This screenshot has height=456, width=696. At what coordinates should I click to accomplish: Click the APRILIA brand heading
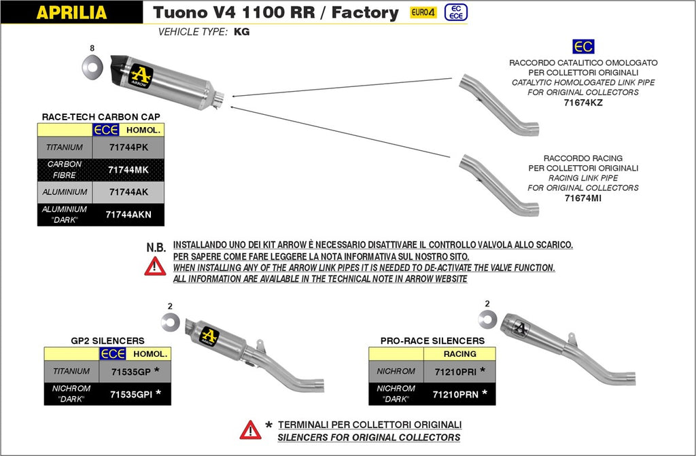click(x=71, y=12)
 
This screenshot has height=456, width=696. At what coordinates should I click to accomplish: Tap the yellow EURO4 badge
click(x=423, y=12)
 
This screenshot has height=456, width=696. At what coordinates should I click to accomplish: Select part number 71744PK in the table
click(x=129, y=147)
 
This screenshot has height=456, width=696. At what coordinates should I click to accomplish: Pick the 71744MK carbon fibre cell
click(x=129, y=169)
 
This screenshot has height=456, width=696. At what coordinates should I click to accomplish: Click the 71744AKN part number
click(x=129, y=214)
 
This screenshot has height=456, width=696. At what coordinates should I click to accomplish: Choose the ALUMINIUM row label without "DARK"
click(x=65, y=192)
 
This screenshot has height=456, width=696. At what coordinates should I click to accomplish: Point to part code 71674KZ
click(x=583, y=103)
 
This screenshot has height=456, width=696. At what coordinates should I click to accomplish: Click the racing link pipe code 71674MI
click(x=583, y=198)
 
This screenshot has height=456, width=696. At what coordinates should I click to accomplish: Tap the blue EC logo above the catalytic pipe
click(x=583, y=46)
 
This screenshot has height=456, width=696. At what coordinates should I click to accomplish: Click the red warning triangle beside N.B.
click(x=155, y=266)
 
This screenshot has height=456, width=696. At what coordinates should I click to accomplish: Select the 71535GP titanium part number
click(x=130, y=371)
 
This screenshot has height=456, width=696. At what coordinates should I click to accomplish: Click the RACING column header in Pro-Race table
click(x=459, y=353)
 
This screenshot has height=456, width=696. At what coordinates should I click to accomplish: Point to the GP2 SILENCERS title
click(x=107, y=340)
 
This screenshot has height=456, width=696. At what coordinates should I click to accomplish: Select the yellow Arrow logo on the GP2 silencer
click(x=209, y=334)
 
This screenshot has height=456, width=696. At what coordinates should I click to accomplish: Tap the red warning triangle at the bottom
click(x=250, y=429)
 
